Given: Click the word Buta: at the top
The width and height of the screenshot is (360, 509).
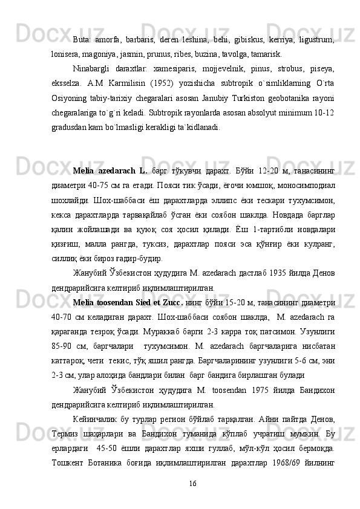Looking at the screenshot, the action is [82, 39].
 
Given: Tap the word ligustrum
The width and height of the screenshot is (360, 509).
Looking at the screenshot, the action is [319, 39].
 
